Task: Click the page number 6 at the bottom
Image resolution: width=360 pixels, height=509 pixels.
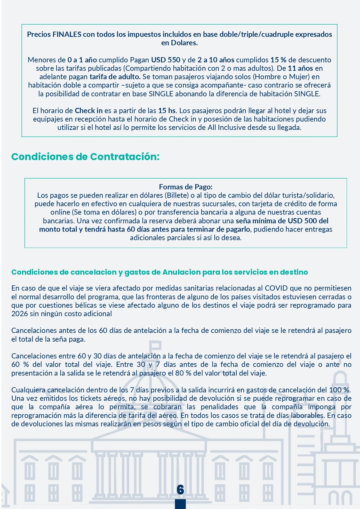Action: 180,489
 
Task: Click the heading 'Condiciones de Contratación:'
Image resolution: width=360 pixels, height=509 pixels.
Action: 85,157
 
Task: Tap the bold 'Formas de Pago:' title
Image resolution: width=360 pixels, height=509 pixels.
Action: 186,187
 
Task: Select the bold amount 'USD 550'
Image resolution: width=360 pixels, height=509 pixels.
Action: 166,60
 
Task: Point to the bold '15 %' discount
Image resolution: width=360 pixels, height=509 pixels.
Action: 278,60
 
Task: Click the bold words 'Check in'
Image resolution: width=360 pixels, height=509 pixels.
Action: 88,111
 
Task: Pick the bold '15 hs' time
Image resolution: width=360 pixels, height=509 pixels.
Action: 167,111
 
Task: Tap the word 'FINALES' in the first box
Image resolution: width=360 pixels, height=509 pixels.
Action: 67,34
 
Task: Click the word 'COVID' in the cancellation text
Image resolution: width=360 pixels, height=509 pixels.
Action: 276,288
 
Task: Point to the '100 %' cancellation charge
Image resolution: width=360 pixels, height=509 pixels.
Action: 339,390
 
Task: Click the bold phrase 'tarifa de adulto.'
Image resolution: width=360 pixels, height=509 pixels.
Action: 115,77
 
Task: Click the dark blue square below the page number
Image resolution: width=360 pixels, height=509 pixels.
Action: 180,504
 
